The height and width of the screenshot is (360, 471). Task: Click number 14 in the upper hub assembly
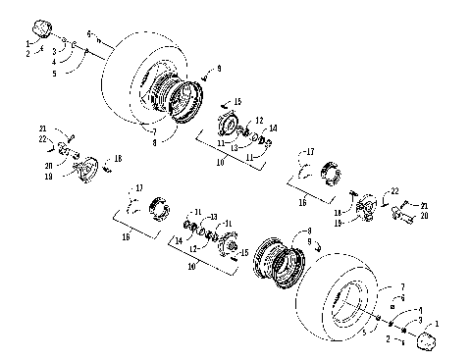click(273, 129)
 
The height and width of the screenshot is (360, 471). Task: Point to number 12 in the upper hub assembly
click(259, 120)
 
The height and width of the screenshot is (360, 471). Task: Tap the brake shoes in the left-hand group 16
click(159, 209)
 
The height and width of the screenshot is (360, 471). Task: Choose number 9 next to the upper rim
click(220, 67)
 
